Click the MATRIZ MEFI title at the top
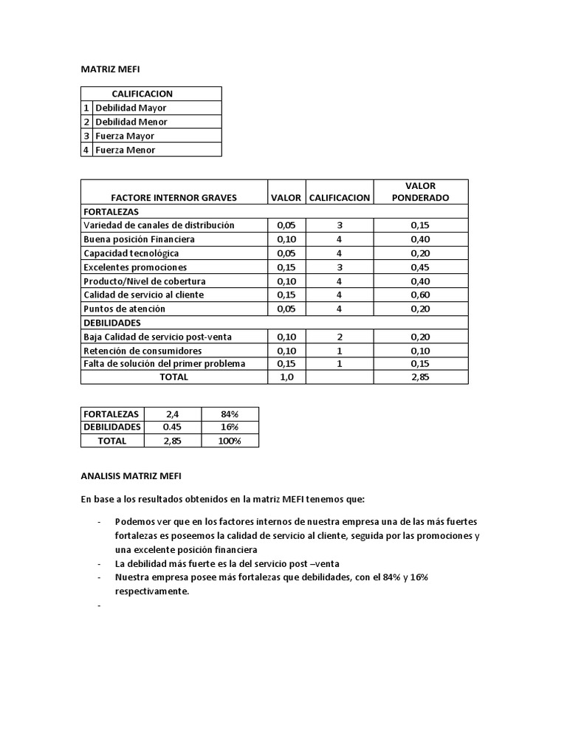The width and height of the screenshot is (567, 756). [x=110, y=69]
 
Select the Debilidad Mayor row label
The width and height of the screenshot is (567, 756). [x=131, y=108]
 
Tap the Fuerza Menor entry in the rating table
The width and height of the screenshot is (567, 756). [x=125, y=150]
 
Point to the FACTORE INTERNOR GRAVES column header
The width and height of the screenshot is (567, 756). [x=173, y=198]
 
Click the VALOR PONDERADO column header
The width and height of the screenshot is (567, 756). [x=420, y=192]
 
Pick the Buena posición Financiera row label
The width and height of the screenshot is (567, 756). [x=139, y=239]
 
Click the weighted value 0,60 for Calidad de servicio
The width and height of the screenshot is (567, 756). [x=420, y=295]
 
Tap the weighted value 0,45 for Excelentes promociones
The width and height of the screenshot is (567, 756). [x=420, y=267]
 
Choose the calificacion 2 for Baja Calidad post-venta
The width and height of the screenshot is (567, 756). [x=339, y=337]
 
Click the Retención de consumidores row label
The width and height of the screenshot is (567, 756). [x=142, y=351]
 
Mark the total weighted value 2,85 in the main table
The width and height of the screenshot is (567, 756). [x=420, y=377]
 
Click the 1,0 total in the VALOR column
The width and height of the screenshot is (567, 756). [x=286, y=377]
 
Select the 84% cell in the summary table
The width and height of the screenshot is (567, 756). [x=229, y=413]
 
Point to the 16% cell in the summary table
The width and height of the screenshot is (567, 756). [x=229, y=427]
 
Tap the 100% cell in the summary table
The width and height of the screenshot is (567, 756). [x=229, y=441]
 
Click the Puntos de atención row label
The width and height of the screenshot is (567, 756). [x=124, y=309]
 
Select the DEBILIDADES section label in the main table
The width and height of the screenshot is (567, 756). [x=112, y=323]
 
